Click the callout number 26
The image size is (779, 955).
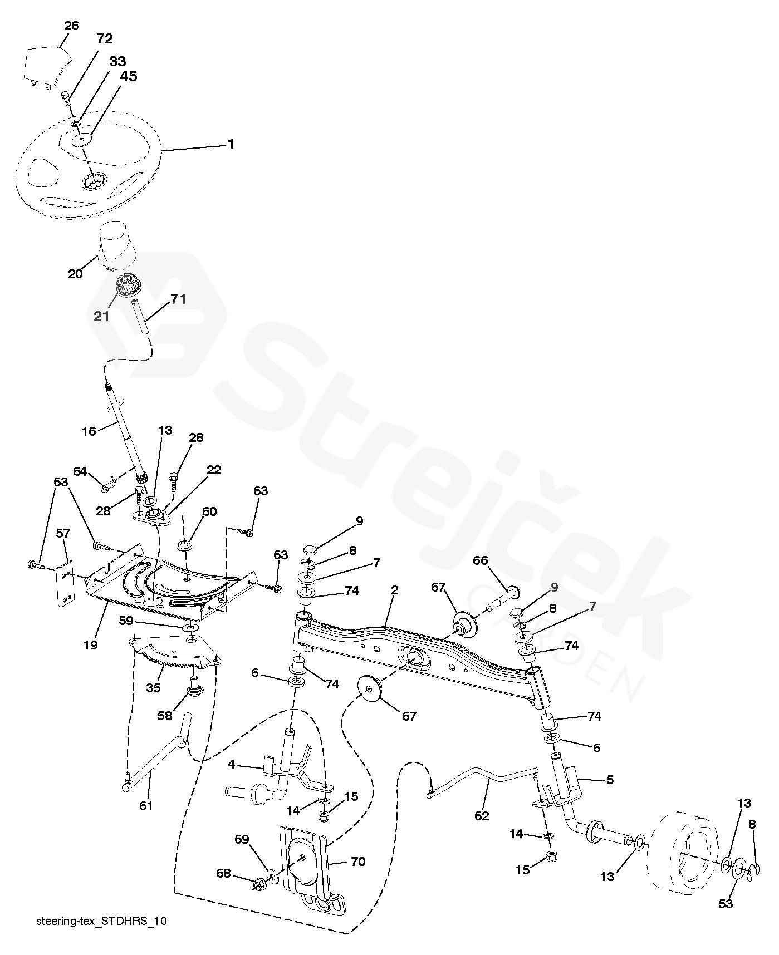(71, 26)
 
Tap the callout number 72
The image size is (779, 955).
(105, 38)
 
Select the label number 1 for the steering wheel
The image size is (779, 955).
(231, 144)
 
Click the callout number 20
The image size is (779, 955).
(75, 274)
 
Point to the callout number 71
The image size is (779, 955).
(178, 299)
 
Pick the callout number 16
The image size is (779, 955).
(89, 430)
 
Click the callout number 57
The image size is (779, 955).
(63, 533)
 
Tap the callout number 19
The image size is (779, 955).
(90, 645)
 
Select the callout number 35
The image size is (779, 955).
(153, 688)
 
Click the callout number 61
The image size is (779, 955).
(146, 805)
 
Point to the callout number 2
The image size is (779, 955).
(394, 590)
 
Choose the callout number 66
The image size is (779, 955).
(481, 560)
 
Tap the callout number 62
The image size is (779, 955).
(482, 816)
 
